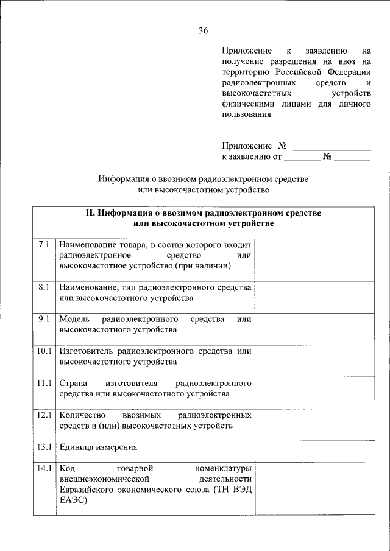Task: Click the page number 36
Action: pos(204,31)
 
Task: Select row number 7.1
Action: pos(43,244)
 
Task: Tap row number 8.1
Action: pos(43,287)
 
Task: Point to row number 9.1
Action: pos(43,319)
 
